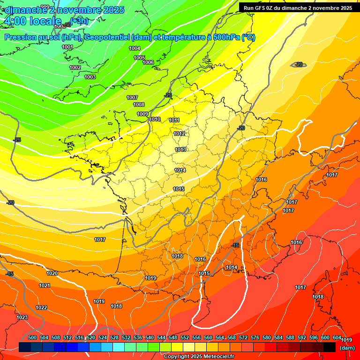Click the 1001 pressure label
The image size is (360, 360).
click(67, 47)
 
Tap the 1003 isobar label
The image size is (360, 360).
click(90, 77)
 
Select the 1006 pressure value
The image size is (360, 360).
click(148, 62)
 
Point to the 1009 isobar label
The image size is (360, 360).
click(142, 114)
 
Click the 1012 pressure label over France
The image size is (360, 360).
click(179, 134)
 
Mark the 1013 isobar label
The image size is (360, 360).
click(180, 150)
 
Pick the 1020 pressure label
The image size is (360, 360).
click(52, 273)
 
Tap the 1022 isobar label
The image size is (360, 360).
click(41, 307)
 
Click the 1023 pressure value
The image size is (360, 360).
click(22, 317)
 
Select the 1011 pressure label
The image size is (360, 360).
click(174, 120)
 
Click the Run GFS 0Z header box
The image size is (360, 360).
click(298, 8)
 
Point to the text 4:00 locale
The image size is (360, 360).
click(32, 21)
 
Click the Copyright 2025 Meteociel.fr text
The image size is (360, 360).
click(199, 357)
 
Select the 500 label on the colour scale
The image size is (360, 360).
click(32, 337)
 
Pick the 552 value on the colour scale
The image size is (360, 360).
click(185, 337)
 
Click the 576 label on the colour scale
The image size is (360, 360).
click(255, 337)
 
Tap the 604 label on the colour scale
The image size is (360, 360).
click(337, 337)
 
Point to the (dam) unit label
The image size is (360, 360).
click(347, 348)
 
